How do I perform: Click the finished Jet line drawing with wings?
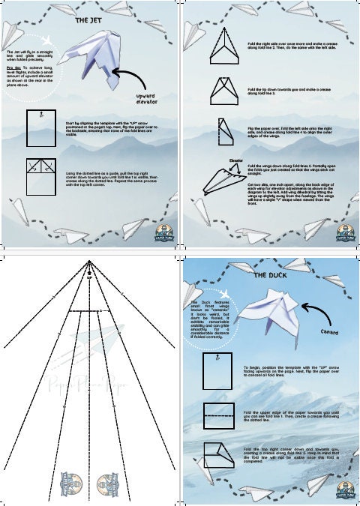point(223,178)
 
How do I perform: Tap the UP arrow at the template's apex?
point(90,271)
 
